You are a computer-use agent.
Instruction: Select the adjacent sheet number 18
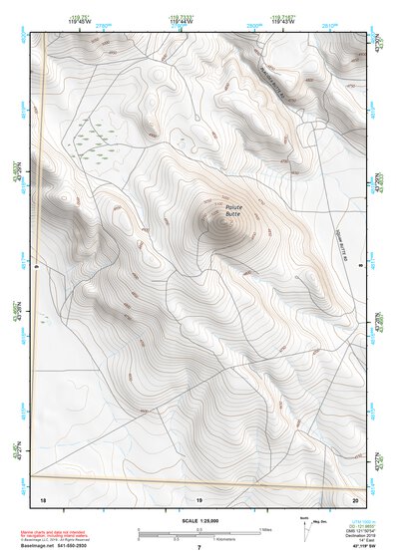click(42, 497)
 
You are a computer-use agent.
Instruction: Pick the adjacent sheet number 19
click(198, 497)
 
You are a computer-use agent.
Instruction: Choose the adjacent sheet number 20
click(356, 497)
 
